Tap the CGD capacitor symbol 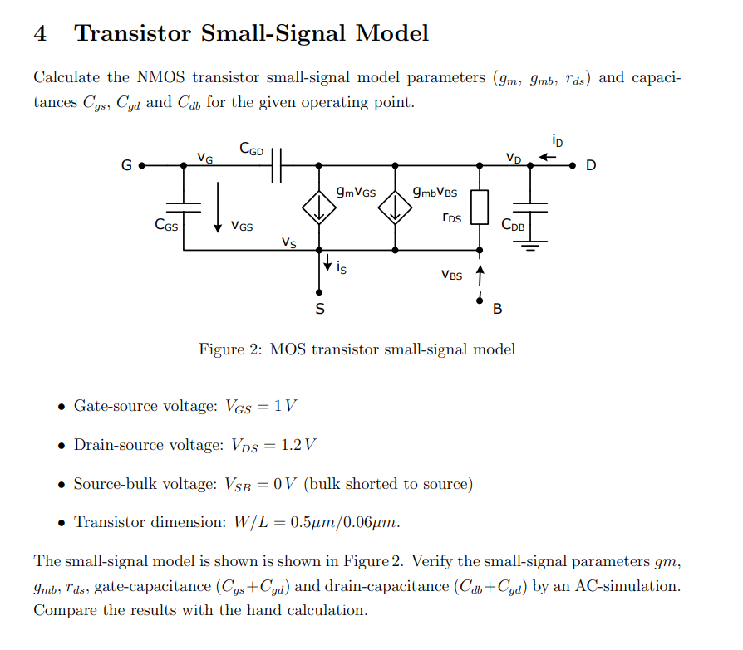[x=277, y=165]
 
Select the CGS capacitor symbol [x=184, y=203]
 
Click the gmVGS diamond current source [x=318, y=208]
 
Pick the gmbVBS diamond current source [x=395, y=208]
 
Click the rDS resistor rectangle [x=479, y=208]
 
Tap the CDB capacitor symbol [x=532, y=207]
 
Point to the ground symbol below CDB [x=532, y=243]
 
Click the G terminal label [x=126, y=165]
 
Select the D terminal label [x=591, y=165]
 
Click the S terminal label [x=319, y=310]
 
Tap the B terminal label [x=497, y=310]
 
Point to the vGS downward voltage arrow [x=218, y=208]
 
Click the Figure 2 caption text [x=357, y=349]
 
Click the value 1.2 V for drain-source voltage [x=298, y=445]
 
